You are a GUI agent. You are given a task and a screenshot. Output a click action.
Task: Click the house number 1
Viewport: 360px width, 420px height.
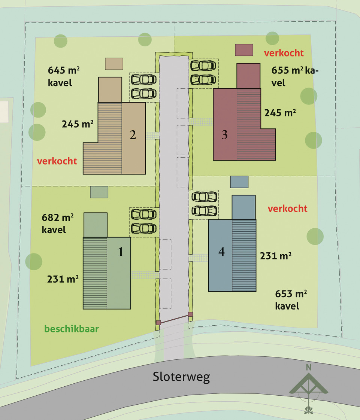[121, 252]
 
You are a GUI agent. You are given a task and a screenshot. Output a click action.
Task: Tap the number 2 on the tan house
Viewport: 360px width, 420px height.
[133, 135]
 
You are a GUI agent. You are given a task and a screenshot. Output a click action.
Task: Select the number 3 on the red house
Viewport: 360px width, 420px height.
[225, 134]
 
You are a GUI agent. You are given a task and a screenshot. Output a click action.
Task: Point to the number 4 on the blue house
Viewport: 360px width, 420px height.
[221, 252]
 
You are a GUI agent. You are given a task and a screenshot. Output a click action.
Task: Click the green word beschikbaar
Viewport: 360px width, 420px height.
[72, 329]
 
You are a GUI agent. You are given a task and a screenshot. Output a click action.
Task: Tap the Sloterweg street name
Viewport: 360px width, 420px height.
[181, 377]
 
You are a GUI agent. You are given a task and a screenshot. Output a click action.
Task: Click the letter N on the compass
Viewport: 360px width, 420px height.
[309, 367]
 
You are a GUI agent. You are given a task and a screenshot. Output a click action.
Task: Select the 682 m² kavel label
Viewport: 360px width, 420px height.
[58, 223]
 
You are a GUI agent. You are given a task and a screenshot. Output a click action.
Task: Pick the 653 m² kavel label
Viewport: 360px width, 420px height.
[291, 300]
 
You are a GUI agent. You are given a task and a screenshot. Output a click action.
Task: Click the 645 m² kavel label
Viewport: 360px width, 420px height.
[64, 76]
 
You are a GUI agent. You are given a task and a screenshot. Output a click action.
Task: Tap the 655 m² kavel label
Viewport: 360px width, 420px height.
[295, 76]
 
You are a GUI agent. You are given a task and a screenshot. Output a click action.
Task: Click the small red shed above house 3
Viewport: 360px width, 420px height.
[244, 50]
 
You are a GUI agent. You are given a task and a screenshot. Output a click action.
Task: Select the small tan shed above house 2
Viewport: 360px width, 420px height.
[114, 64]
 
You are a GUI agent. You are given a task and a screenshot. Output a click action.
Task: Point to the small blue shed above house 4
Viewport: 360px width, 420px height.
[239, 182]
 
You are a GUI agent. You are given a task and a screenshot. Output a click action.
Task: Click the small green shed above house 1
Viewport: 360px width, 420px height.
[99, 192]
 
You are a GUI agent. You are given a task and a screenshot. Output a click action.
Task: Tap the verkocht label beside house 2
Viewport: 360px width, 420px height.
[57, 161]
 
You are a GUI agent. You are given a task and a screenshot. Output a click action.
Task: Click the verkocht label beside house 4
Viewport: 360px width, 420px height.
[287, 209]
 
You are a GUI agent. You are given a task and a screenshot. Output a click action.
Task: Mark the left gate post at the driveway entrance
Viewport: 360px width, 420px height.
[158, 323]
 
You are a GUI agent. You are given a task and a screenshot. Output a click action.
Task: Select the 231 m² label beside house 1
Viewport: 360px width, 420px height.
[63, 279]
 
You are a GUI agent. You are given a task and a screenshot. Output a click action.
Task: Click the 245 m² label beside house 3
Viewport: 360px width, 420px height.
[280, 113]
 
